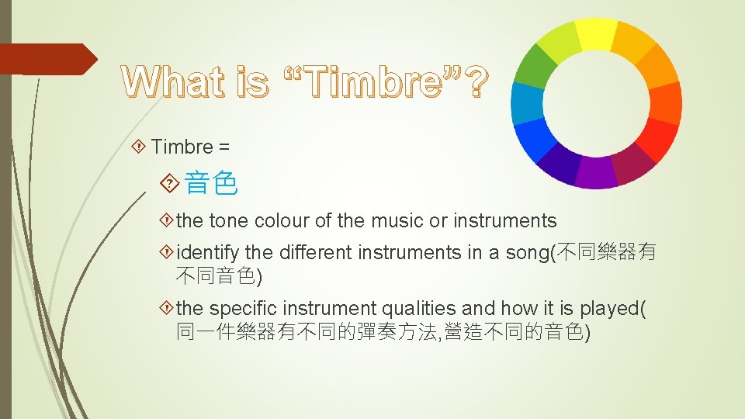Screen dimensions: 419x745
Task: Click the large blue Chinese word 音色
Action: coord(211,185)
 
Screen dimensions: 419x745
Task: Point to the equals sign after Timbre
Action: coord(223,146)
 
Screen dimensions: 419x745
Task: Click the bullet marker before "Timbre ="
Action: coord(140,146)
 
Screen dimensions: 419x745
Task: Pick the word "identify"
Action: coord(208,253)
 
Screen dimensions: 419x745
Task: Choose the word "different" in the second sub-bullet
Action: coord(314,253)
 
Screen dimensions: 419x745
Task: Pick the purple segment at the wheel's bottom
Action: coord(596,172)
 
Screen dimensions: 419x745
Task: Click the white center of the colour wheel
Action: coord(596,103)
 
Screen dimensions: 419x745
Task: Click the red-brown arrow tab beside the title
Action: coord(47,59)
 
